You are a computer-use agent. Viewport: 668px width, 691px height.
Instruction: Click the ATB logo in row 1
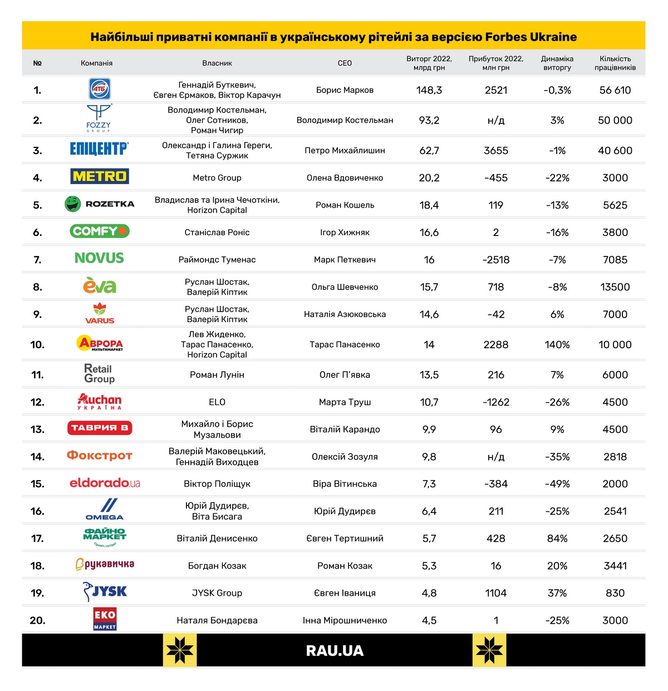(x=100, y=89)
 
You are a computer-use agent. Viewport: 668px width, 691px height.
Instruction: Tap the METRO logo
(x=100, y=176)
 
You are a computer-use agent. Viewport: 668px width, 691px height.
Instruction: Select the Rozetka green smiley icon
(x=72, y=204)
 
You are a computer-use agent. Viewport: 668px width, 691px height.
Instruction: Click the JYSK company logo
(x=105, y=591)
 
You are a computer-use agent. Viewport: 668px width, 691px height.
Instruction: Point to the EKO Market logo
(x=105, y=619)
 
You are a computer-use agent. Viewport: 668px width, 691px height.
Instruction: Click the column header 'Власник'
(x=217, y=63)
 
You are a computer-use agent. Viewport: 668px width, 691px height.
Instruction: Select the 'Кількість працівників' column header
(x=615, y=63)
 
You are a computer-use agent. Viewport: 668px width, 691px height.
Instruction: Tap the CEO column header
(x=345, y=63)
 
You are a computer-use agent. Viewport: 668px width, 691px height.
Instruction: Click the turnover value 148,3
(x=429, y=90)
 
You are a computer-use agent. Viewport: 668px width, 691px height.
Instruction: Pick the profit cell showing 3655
(x=496, y=150)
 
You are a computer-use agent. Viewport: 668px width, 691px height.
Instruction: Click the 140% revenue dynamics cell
(x=557, y=344)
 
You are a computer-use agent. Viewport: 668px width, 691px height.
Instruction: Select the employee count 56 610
(x=615, y=90)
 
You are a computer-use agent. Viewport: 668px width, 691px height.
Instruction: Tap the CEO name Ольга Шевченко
(x=345, y=287)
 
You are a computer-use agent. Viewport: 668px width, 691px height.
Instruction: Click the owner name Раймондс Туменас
(x=217, y=260)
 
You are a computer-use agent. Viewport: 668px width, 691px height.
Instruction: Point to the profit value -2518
(x=496, y=260)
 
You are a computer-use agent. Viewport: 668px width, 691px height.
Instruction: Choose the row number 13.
(x=37, y=430)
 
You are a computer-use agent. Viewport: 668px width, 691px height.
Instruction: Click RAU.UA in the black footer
(x=335, y=650)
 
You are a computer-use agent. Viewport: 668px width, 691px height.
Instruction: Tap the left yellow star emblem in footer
(x=180, y=650)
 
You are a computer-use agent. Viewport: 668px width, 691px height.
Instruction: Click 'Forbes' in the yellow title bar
(x=505, y=37)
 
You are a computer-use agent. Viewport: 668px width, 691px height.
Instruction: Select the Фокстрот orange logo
(x=100, y=456)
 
